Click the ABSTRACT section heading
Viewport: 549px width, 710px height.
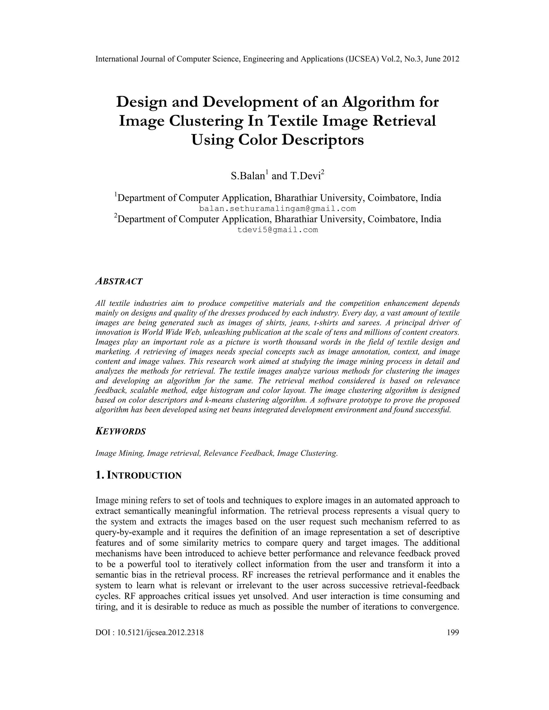pos(119,282)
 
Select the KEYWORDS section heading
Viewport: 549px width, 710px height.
pos(121,431)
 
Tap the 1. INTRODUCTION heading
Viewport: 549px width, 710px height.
pos(139,475)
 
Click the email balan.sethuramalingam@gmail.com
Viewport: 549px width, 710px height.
pos(277,208)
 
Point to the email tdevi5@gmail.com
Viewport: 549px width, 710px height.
pos(277,230)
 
